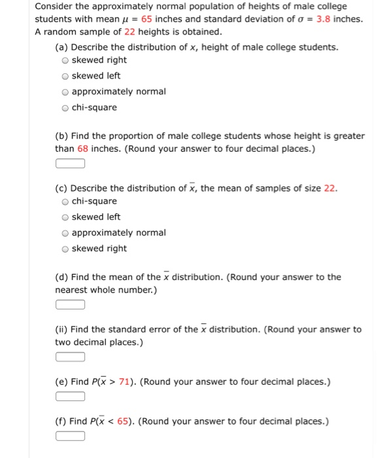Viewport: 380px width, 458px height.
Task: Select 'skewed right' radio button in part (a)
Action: (x=65, y=60)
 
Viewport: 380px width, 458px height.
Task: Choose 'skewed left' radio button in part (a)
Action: (x=65, y=76)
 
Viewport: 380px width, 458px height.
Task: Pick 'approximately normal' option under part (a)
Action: (x=65, y=92)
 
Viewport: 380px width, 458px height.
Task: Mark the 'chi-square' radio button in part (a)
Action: (x=65, y=107)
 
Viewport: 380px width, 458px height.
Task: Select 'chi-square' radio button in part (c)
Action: (x=65, y=202)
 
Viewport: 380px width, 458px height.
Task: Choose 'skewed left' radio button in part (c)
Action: (x=65, y=217)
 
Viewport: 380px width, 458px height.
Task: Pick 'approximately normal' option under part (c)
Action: (x=65, y=233)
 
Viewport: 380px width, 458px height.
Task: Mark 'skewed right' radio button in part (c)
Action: (x=65, y=249)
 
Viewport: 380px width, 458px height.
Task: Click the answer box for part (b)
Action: (x=70, y=164)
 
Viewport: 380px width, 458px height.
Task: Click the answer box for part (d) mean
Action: (x=70, y=304)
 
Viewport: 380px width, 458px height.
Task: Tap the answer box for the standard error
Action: (x=70, y=357)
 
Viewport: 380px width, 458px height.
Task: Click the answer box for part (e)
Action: (x=70, y=396)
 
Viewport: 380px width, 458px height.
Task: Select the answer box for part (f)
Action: (x=70, y=436)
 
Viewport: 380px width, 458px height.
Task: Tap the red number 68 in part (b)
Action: (x=82, y=149)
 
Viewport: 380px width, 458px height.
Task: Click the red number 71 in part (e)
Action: (x=126, y=382)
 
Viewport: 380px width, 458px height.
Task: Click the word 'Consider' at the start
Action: (x=53, y=7)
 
